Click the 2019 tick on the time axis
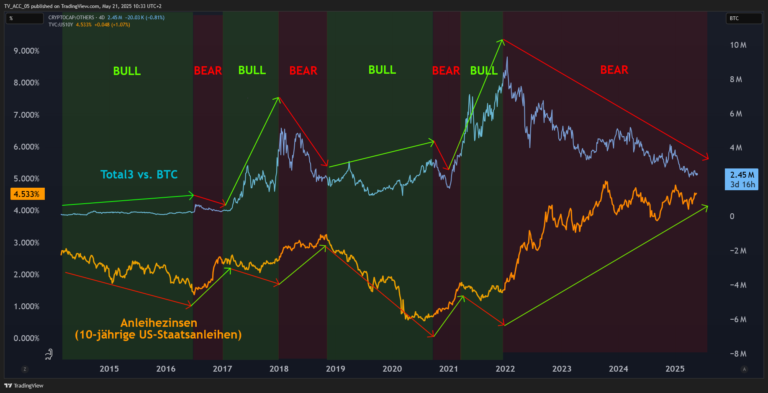click(x=335, y=369)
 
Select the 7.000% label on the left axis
click(x=26, y=115)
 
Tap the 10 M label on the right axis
click(x=738, y=45)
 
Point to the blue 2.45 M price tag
click(x=741, y=179)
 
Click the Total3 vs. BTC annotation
click(x=139, y=174)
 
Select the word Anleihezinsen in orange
click(x=159, y=323)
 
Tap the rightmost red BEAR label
click(x=614, y=70)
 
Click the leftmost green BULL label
click(x=127, y=71)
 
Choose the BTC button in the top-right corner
click(x=744, y=18)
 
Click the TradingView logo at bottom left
click(x=24, y=385)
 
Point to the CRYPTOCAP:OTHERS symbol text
click(x=71, y=18)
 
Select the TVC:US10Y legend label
click(x=61, y=25)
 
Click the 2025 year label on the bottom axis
click(x=675, y=369)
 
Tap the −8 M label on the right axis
click(x=738, y=354)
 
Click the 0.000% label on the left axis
click(x=26, y=338)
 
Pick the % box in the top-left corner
click(x=24, y=18)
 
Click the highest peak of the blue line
click(x=507, y=57)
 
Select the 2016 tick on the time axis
click(x=166, y=369)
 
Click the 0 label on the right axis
click(x=732, y=216)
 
